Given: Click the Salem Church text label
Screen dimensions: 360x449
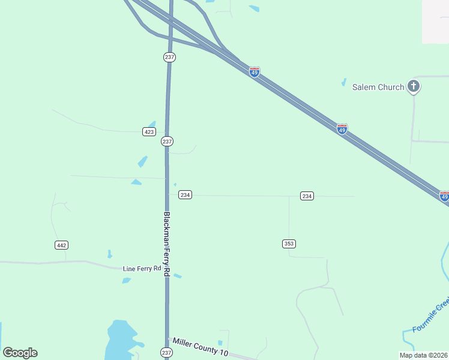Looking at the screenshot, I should [x=378, y=87].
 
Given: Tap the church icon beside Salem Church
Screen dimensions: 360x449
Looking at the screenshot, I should [x=413, y=86].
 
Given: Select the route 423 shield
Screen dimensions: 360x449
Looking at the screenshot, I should [x=149, y=131].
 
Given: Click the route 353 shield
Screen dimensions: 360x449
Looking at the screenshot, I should [x=289, y=243].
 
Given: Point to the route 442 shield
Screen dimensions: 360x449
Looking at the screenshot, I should [x=61, y=245].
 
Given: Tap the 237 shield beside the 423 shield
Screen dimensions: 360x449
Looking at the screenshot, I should [x=167, y=142].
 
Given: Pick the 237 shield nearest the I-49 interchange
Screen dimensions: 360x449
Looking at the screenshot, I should [x=169, y=57].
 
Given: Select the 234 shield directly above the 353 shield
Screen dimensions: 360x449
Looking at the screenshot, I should [x=307, y=196].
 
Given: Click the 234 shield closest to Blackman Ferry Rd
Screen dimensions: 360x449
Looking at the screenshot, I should [x=185, y=195].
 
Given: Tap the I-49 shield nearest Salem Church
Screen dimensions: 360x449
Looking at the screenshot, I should [x=342, y=129].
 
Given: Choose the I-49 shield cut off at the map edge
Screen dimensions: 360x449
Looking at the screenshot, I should [x=444, y=196].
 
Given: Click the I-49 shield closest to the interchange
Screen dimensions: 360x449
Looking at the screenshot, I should [x=255, y=72].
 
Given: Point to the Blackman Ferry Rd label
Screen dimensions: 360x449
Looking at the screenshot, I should [x=167, y=244].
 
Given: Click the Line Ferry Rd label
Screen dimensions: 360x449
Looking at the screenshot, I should [x=142, y=269].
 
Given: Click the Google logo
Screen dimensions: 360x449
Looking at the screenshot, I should [x=20, y=353].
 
